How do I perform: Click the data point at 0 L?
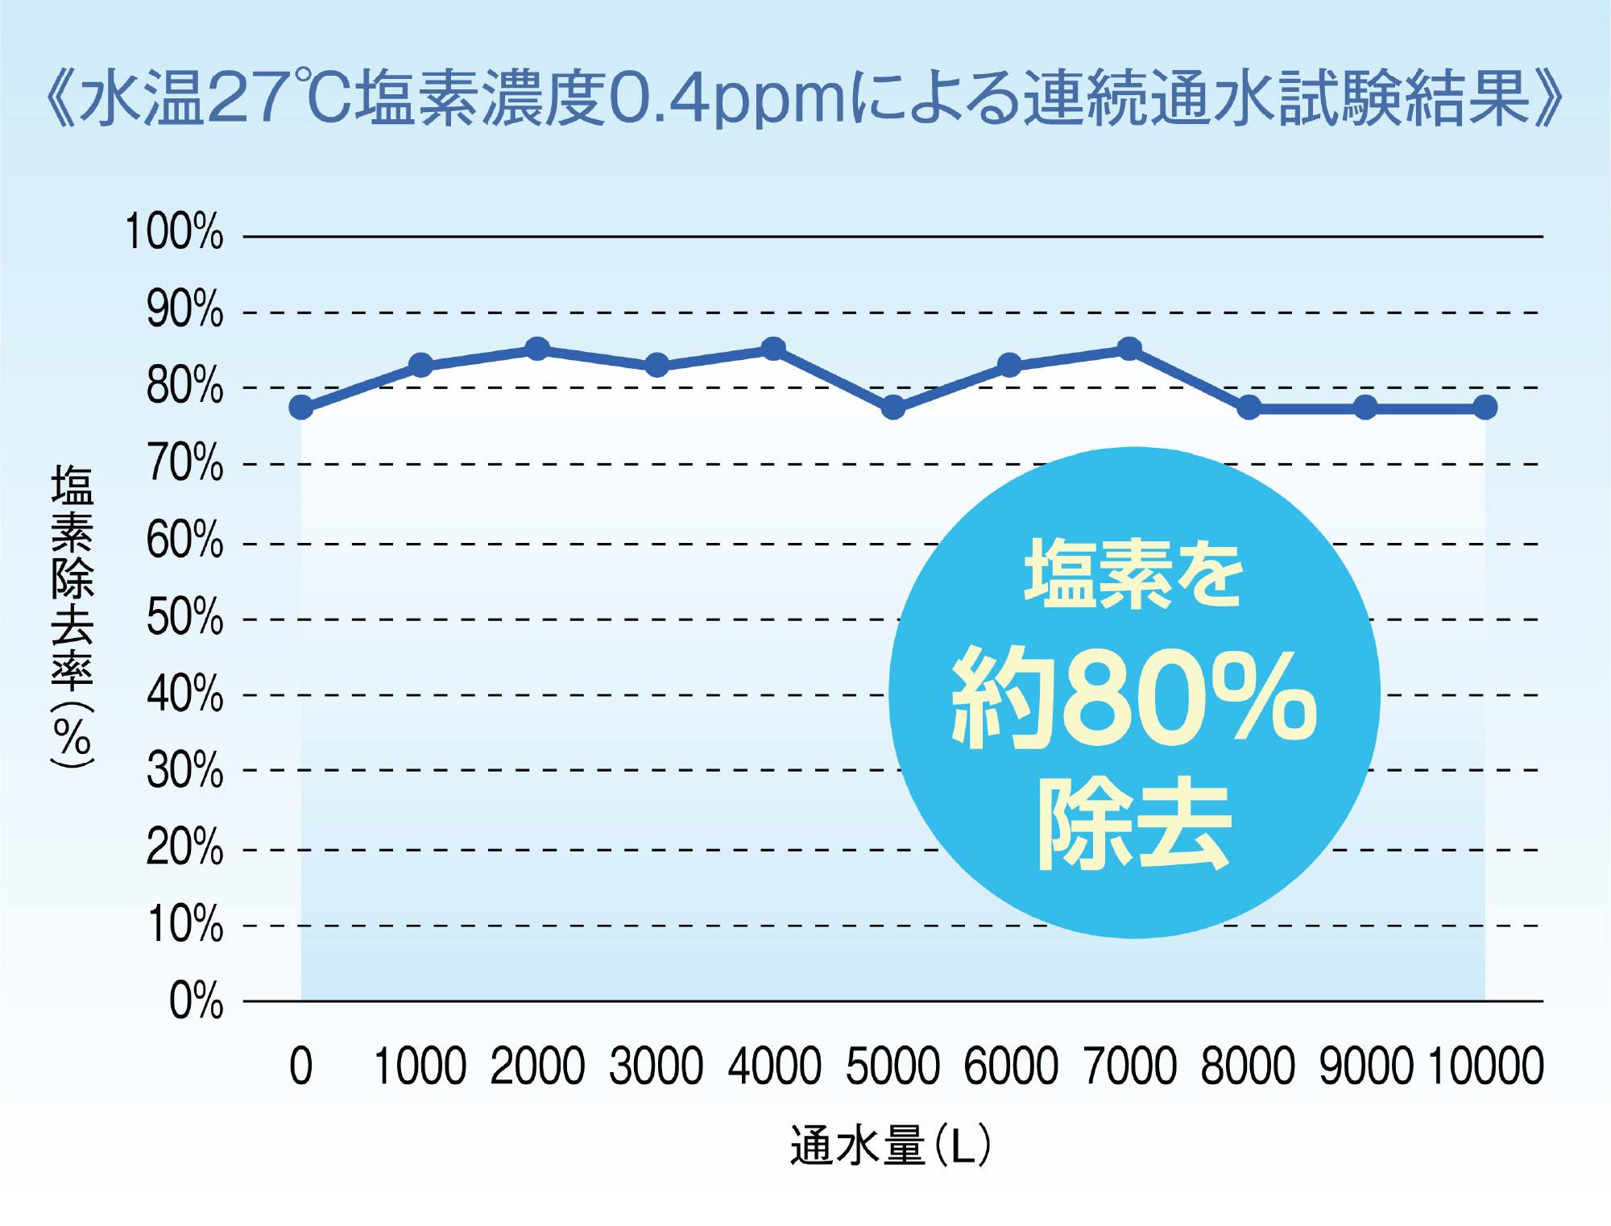301,408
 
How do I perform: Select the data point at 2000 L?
537,350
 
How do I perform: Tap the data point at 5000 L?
892,408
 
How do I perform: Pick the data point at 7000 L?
1129,350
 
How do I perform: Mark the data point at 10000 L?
1485,408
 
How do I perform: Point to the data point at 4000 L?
773,350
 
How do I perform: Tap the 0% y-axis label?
196,1001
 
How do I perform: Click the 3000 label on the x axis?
656,1067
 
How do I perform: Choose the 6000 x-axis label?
1011,1067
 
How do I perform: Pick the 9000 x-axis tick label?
1366,1067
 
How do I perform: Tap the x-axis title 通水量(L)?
890,1145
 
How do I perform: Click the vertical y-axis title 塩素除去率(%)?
72,616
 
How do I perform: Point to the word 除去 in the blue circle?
1134,823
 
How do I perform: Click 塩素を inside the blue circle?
1134,574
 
